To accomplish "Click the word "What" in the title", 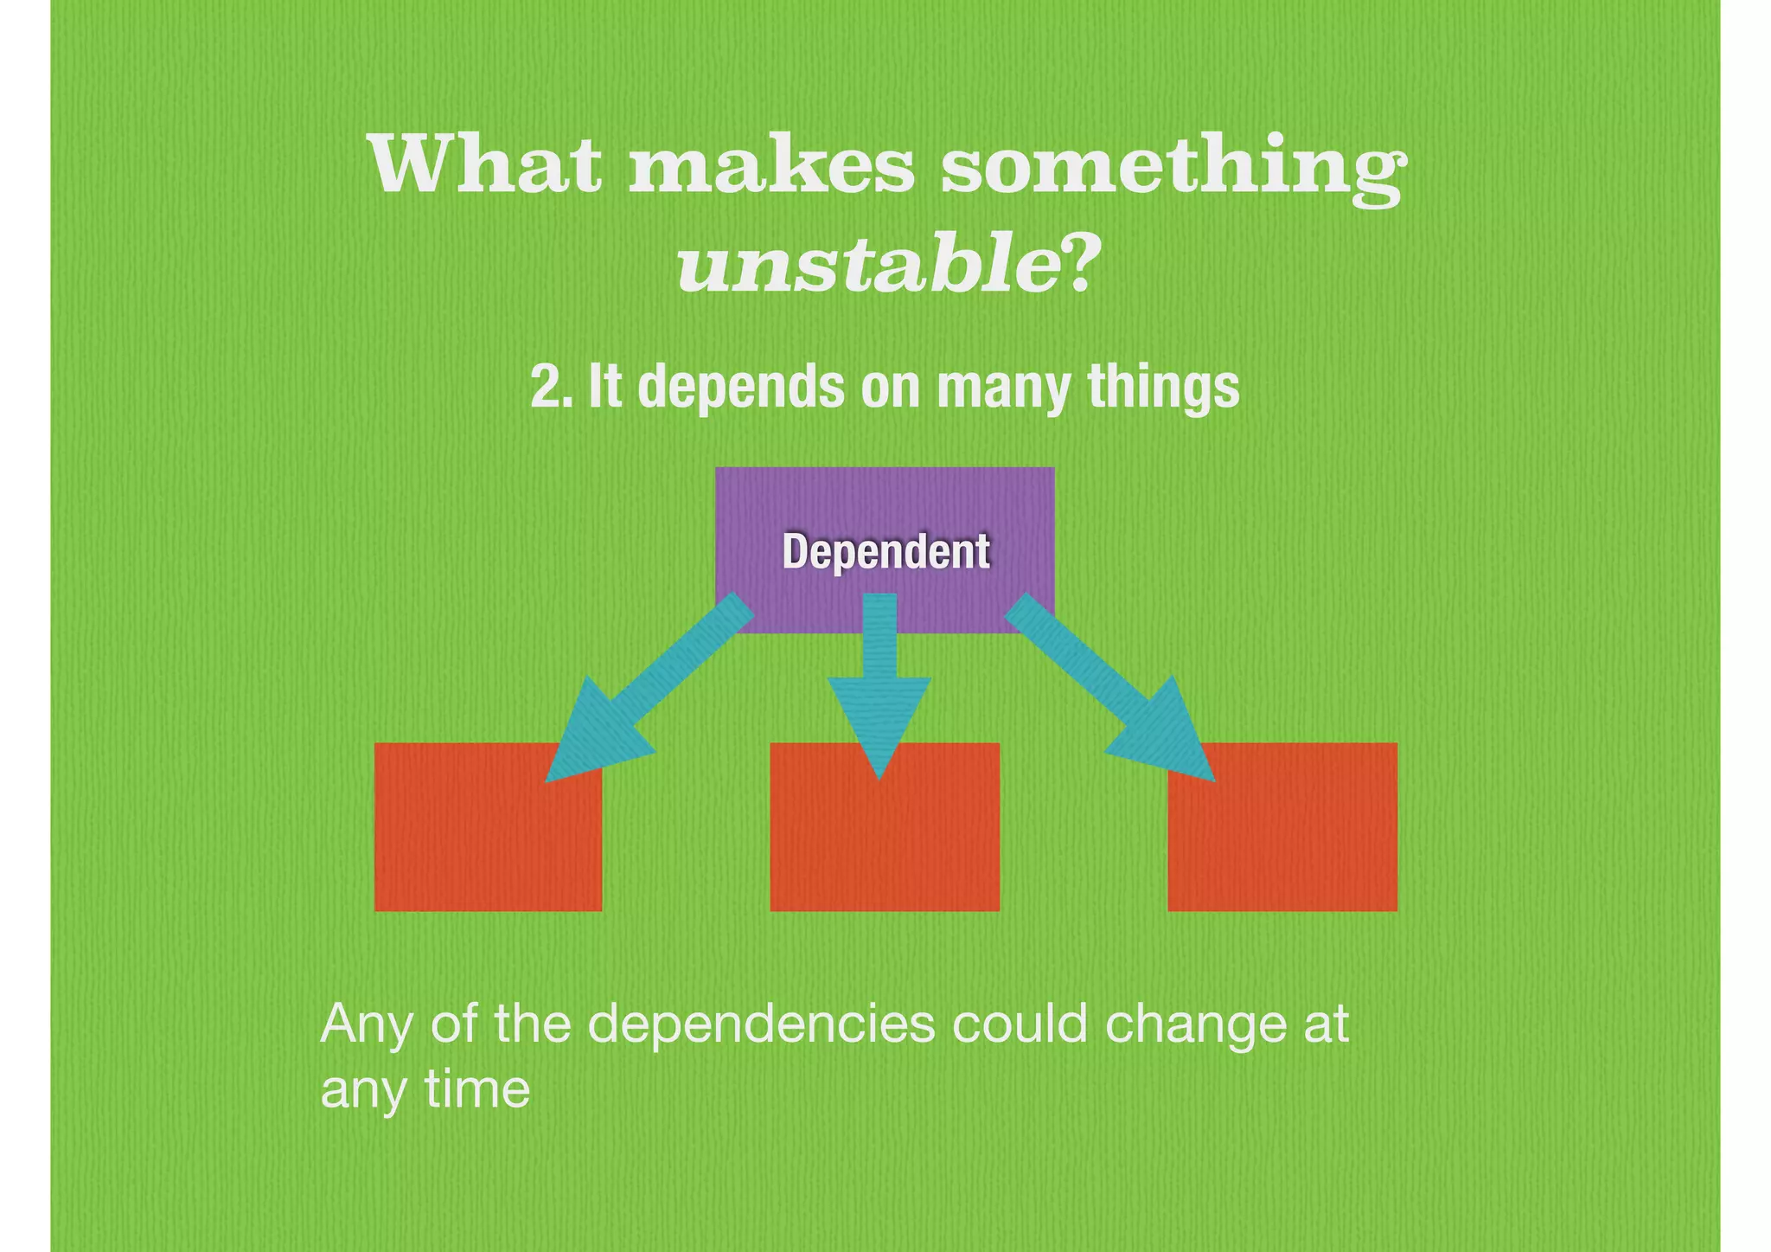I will click(485, 164).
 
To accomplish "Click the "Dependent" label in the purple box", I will click(885, 551).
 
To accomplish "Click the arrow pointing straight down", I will click(879, 684).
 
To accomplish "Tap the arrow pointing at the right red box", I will click(1116, 692).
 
